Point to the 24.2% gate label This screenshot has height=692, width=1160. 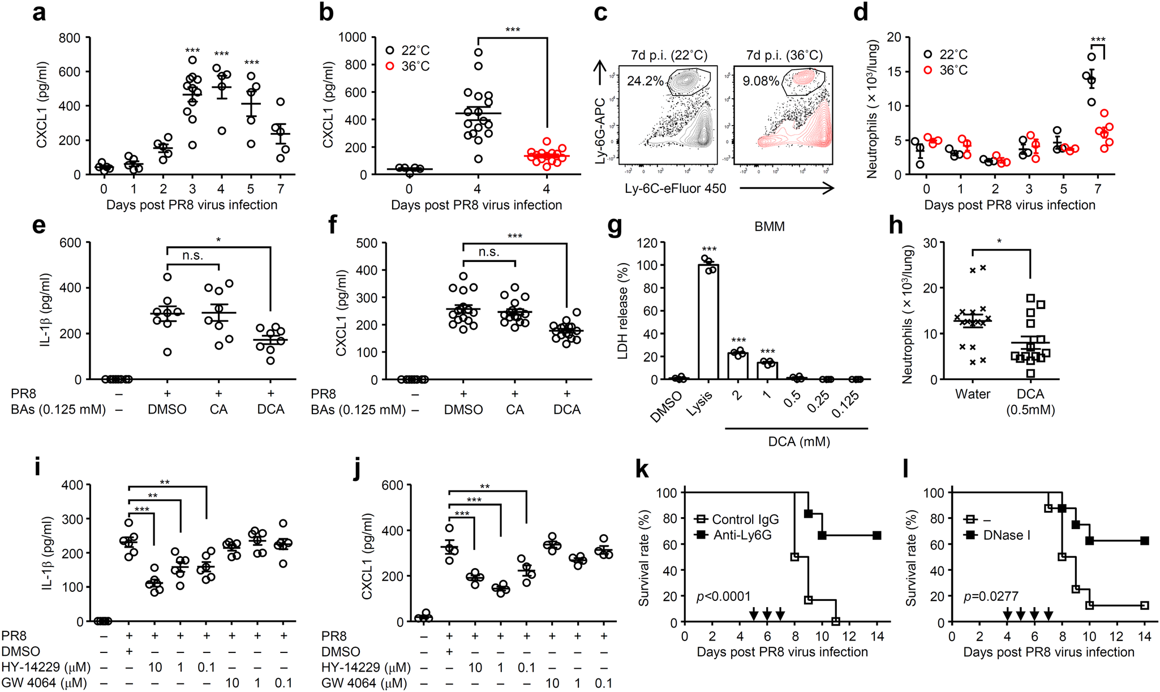tap(645, 81)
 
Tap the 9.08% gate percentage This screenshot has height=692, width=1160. tap(761, 81)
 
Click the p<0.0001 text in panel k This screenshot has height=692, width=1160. tap(724, 596)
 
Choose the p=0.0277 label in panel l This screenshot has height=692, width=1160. tap(991, 596)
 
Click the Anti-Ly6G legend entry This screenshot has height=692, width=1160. tap(741, 535)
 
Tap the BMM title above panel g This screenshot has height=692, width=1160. tap(769, 227)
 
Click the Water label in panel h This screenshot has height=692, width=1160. tap(972, 394)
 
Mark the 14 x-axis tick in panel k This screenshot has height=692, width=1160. tap(877, 636)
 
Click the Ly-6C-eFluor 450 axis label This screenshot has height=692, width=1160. tap(675, 188)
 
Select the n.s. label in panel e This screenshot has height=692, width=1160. tap(192, 256)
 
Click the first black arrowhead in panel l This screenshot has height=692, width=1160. tap(1007, 614)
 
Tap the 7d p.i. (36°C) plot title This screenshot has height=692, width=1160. tap(784, 55)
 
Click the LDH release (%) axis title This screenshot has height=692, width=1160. tap(623, 311)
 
